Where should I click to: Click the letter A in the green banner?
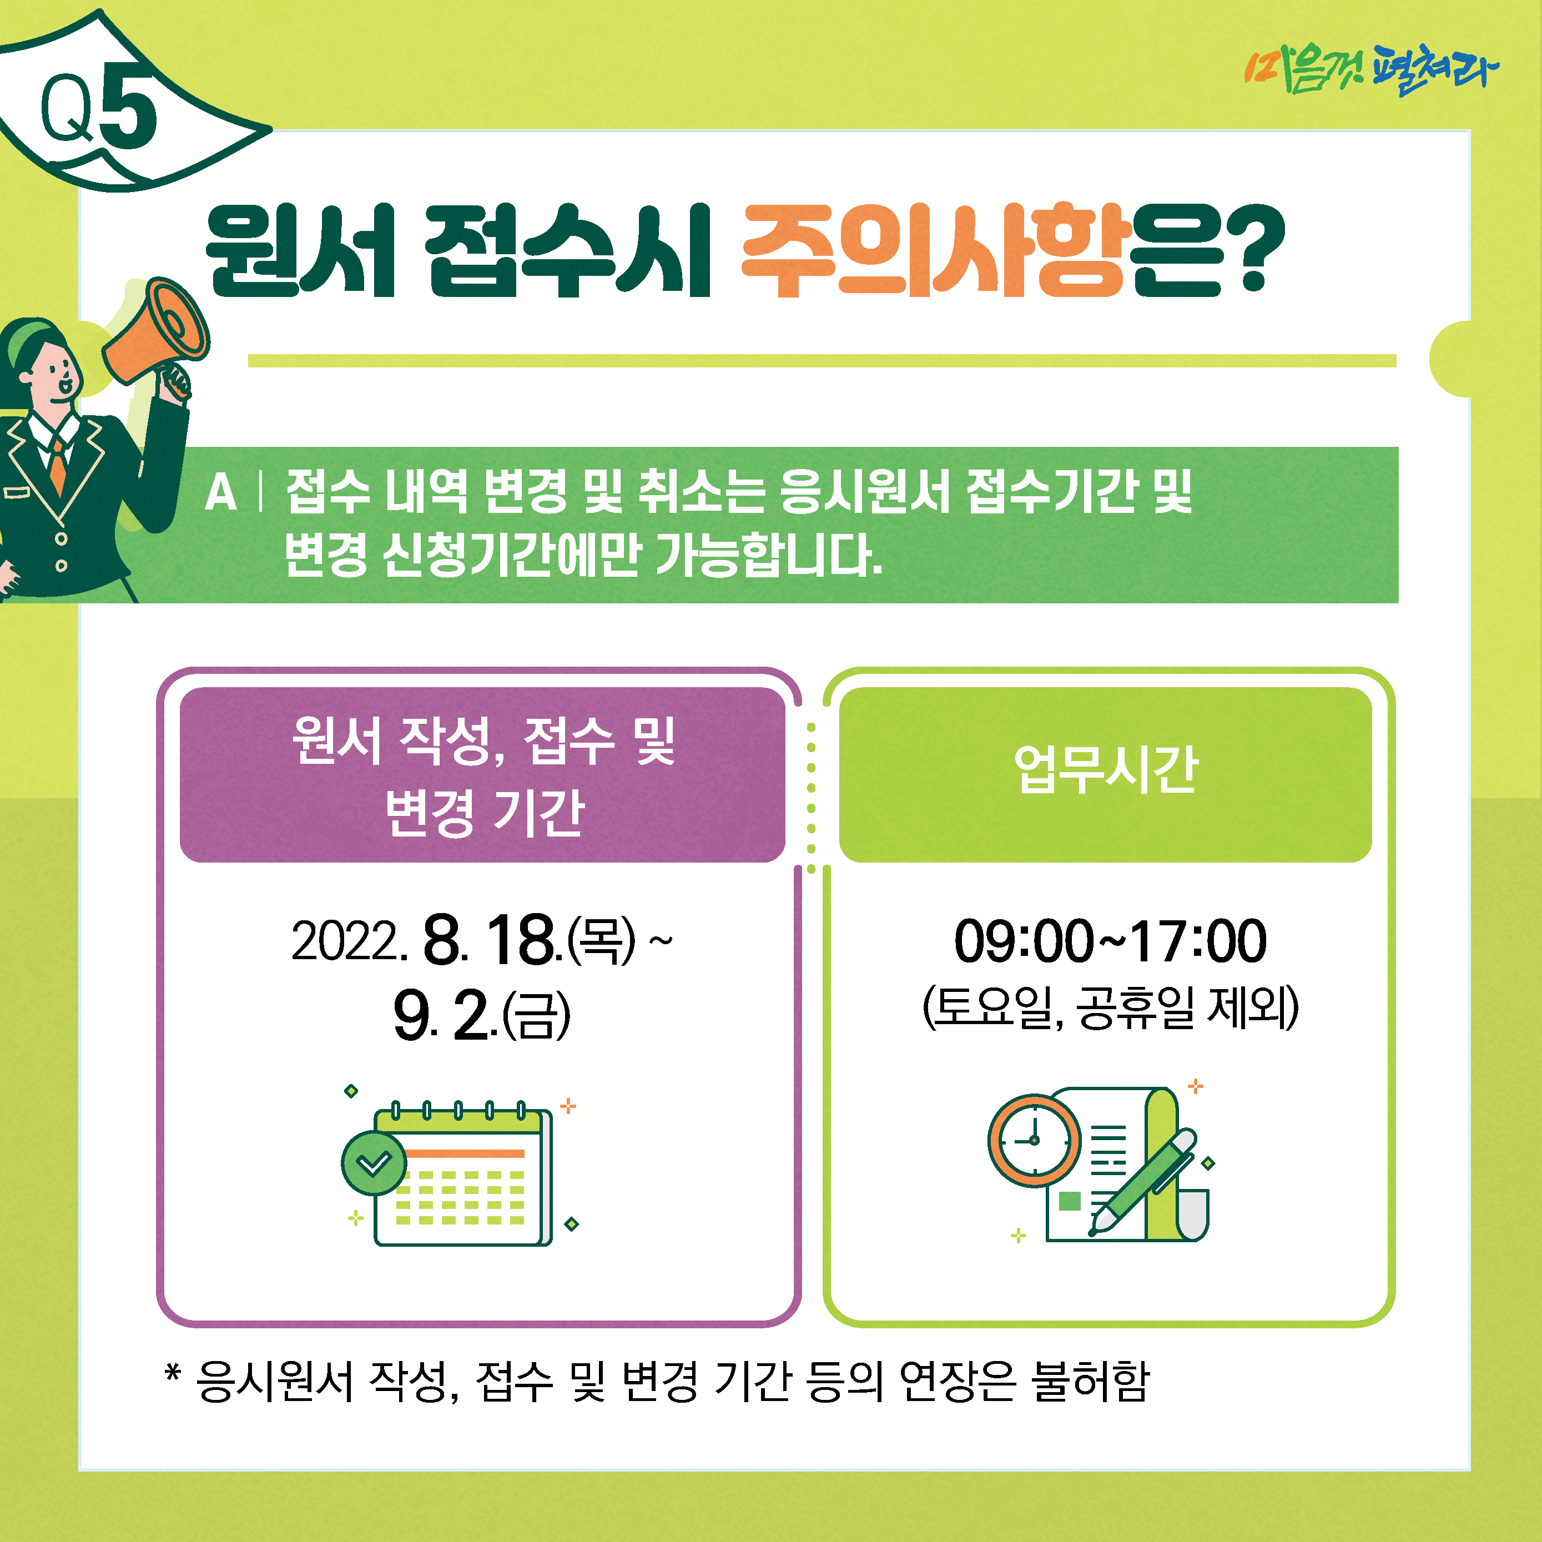(221, 492)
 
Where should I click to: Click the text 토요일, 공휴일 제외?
(1110, 1007)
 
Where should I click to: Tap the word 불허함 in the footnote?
(1090, 1382)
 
